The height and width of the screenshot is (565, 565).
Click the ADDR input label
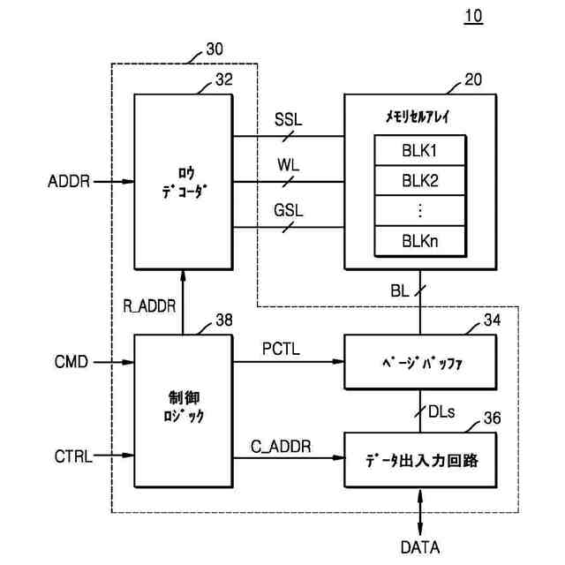[x=69, y=181]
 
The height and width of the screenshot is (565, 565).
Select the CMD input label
[x=72, y=362]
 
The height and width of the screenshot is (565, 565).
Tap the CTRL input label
[x=73, y=456]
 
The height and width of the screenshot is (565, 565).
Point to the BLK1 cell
[x=420, y=150]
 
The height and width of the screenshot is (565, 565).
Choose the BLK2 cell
[x=420, y=180]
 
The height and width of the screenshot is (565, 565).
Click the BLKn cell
[x=420, y=241]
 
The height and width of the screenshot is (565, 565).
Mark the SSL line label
[x=289, y=120]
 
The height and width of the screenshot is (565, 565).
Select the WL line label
[x=289, y=165]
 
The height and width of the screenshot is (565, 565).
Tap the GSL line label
[x=289, y=210]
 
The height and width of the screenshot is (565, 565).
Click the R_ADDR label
[x=149, y=306]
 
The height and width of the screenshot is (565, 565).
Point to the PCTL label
[x=281, y=349]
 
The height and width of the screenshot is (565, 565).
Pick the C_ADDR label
[x=281, y=447]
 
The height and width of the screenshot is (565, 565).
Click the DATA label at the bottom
[x=420, y=547]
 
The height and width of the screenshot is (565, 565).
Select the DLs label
[x=441, y=411]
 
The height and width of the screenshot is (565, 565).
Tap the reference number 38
[x=224, y=320]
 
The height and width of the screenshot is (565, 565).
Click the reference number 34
[x=493, y=320]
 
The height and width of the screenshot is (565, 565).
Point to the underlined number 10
[x=473, y=16]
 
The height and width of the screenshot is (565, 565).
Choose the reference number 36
[x=493, y=418]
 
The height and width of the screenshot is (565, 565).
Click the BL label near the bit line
[x=400, y=291]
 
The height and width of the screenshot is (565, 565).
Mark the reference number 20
[x=473, y=79]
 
